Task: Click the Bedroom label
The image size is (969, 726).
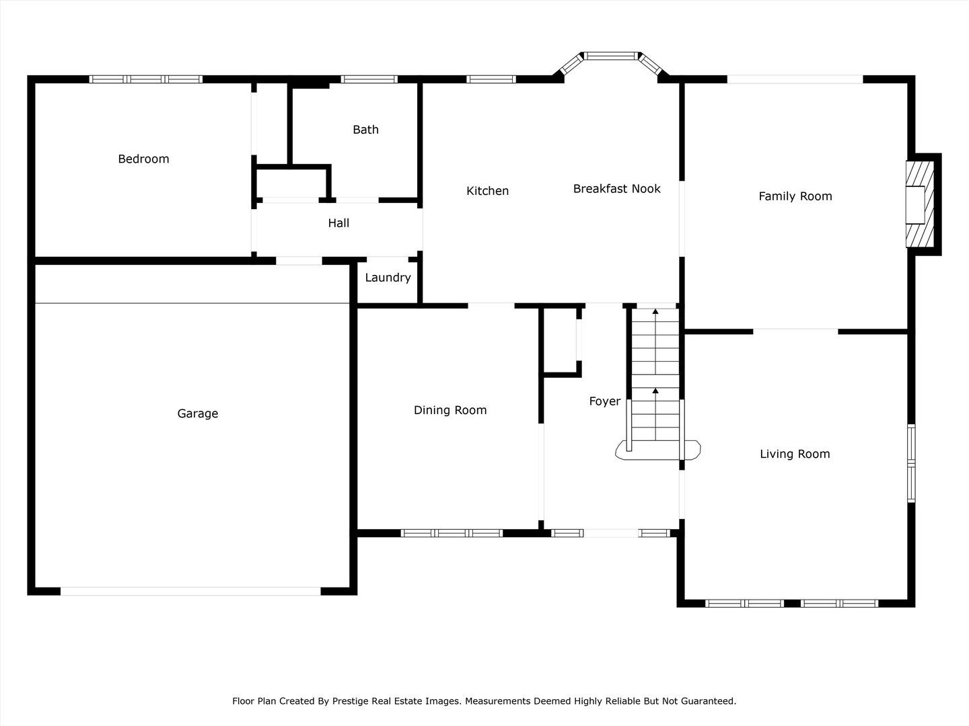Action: click(143, 159)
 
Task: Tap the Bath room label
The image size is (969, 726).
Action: click(365, 130)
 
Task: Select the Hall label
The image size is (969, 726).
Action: click(338, 223)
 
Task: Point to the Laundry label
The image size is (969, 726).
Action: click(388, 278)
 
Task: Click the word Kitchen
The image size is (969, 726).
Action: click(487, 191)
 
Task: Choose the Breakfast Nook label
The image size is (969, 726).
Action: click(616, 189)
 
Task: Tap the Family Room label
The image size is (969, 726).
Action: click(795, 196)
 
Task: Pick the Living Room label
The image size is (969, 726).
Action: click(795, 454)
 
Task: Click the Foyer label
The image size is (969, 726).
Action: click(605, 401)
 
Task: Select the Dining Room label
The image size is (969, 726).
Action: click(450, 410)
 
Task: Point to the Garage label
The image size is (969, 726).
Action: click(198, 413)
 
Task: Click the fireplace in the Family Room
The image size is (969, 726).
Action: click(920, 204)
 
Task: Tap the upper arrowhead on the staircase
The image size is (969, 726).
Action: click(655, 311)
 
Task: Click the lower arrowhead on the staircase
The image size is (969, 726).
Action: click(655, 391)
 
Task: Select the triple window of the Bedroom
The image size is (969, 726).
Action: click(145, 79)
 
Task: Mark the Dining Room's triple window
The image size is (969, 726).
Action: click(452, 533)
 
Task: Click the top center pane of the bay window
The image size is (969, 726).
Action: click(612, 56)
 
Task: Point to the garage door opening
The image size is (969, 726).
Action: click(190, 591)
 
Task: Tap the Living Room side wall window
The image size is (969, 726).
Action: click(911, 463)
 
